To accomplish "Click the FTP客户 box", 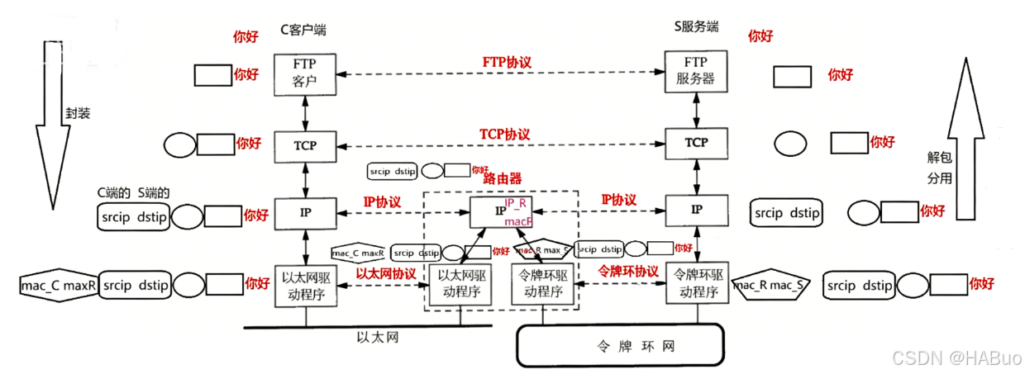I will coord(305,73).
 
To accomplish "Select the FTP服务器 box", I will coord(697,73).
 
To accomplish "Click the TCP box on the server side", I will coord(697,143).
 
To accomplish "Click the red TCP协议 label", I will coord(503,134).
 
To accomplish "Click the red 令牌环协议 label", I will coord(628,272).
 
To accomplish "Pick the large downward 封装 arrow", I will coord(50,116).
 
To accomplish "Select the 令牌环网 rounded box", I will coord(619,344).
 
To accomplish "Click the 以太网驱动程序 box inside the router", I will coord(460,284).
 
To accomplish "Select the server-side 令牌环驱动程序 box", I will coord(697,284).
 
